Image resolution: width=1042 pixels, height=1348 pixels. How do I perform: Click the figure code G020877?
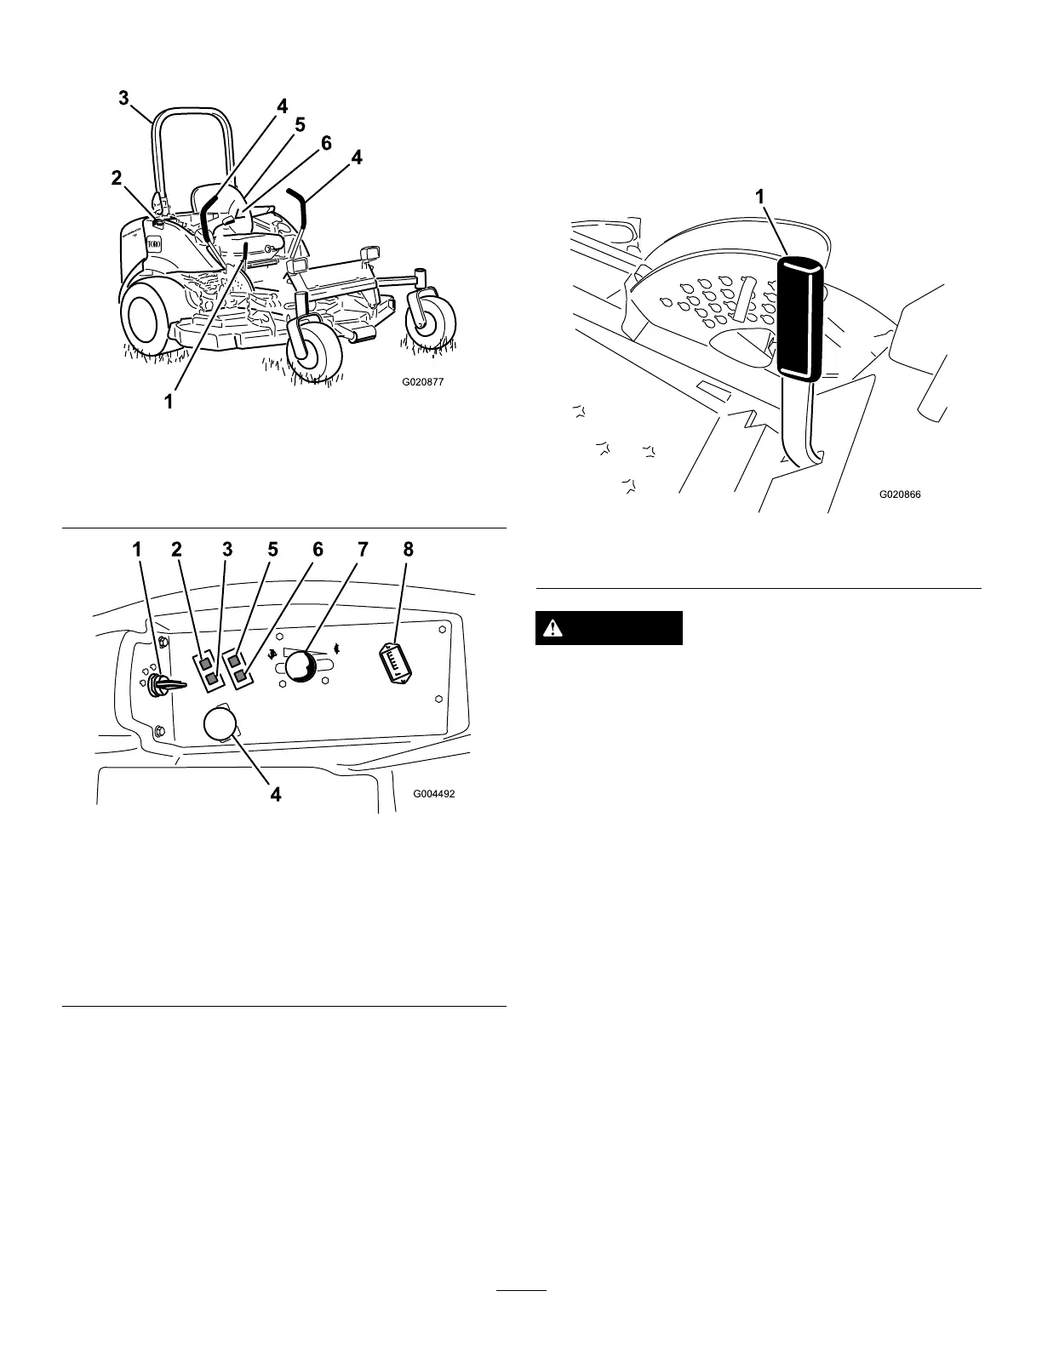click(423, 382)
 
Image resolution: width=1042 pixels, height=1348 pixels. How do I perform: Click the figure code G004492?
click(434, 793)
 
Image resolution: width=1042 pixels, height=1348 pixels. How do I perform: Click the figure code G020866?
click(900, 494)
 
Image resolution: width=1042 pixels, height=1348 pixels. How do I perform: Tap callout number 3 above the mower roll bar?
click(124, 99)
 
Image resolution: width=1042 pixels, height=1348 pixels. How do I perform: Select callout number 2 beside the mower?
click(117, 178)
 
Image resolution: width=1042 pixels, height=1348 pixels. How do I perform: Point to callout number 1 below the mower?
click(169, 400)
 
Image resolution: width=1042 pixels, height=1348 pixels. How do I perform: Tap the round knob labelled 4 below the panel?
click(220, 726)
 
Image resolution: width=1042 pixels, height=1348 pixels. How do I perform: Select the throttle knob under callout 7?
click(299, 666)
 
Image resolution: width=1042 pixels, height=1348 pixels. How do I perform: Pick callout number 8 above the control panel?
click(408, 550)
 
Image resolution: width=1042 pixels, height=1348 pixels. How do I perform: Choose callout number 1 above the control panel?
click(138, 550)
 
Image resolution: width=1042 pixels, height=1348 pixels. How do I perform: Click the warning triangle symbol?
click(555, 629)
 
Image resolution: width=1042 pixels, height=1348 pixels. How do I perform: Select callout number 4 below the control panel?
click(275, 794)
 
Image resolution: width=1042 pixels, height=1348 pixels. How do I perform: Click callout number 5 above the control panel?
click(272, 550)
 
